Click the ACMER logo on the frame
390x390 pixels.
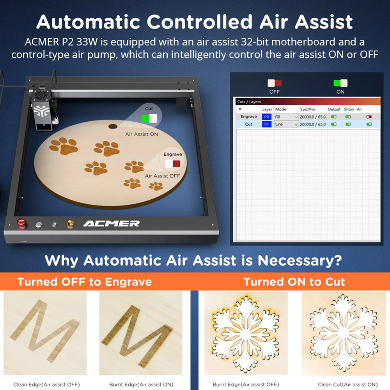[x=111, y=223]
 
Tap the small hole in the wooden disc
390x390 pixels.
[x=112, y=126]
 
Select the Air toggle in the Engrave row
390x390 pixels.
[x=369, y=117]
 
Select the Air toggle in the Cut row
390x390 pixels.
[x=369, y=124]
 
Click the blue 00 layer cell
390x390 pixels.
[x=267, y=117]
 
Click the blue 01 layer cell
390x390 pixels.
[x=267, y=124]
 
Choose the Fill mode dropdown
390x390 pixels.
[x=286, y=117]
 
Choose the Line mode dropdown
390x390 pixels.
[x=286, y=124]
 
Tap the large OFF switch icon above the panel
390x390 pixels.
[x=275, y=83]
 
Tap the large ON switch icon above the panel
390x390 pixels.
[x=340, y=83]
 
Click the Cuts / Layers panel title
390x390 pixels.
[x=249, y=101]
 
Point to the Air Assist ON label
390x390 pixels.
[x=142, y=134]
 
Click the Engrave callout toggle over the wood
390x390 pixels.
[x=172, y=164]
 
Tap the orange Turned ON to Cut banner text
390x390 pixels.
[x=294, y=282]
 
